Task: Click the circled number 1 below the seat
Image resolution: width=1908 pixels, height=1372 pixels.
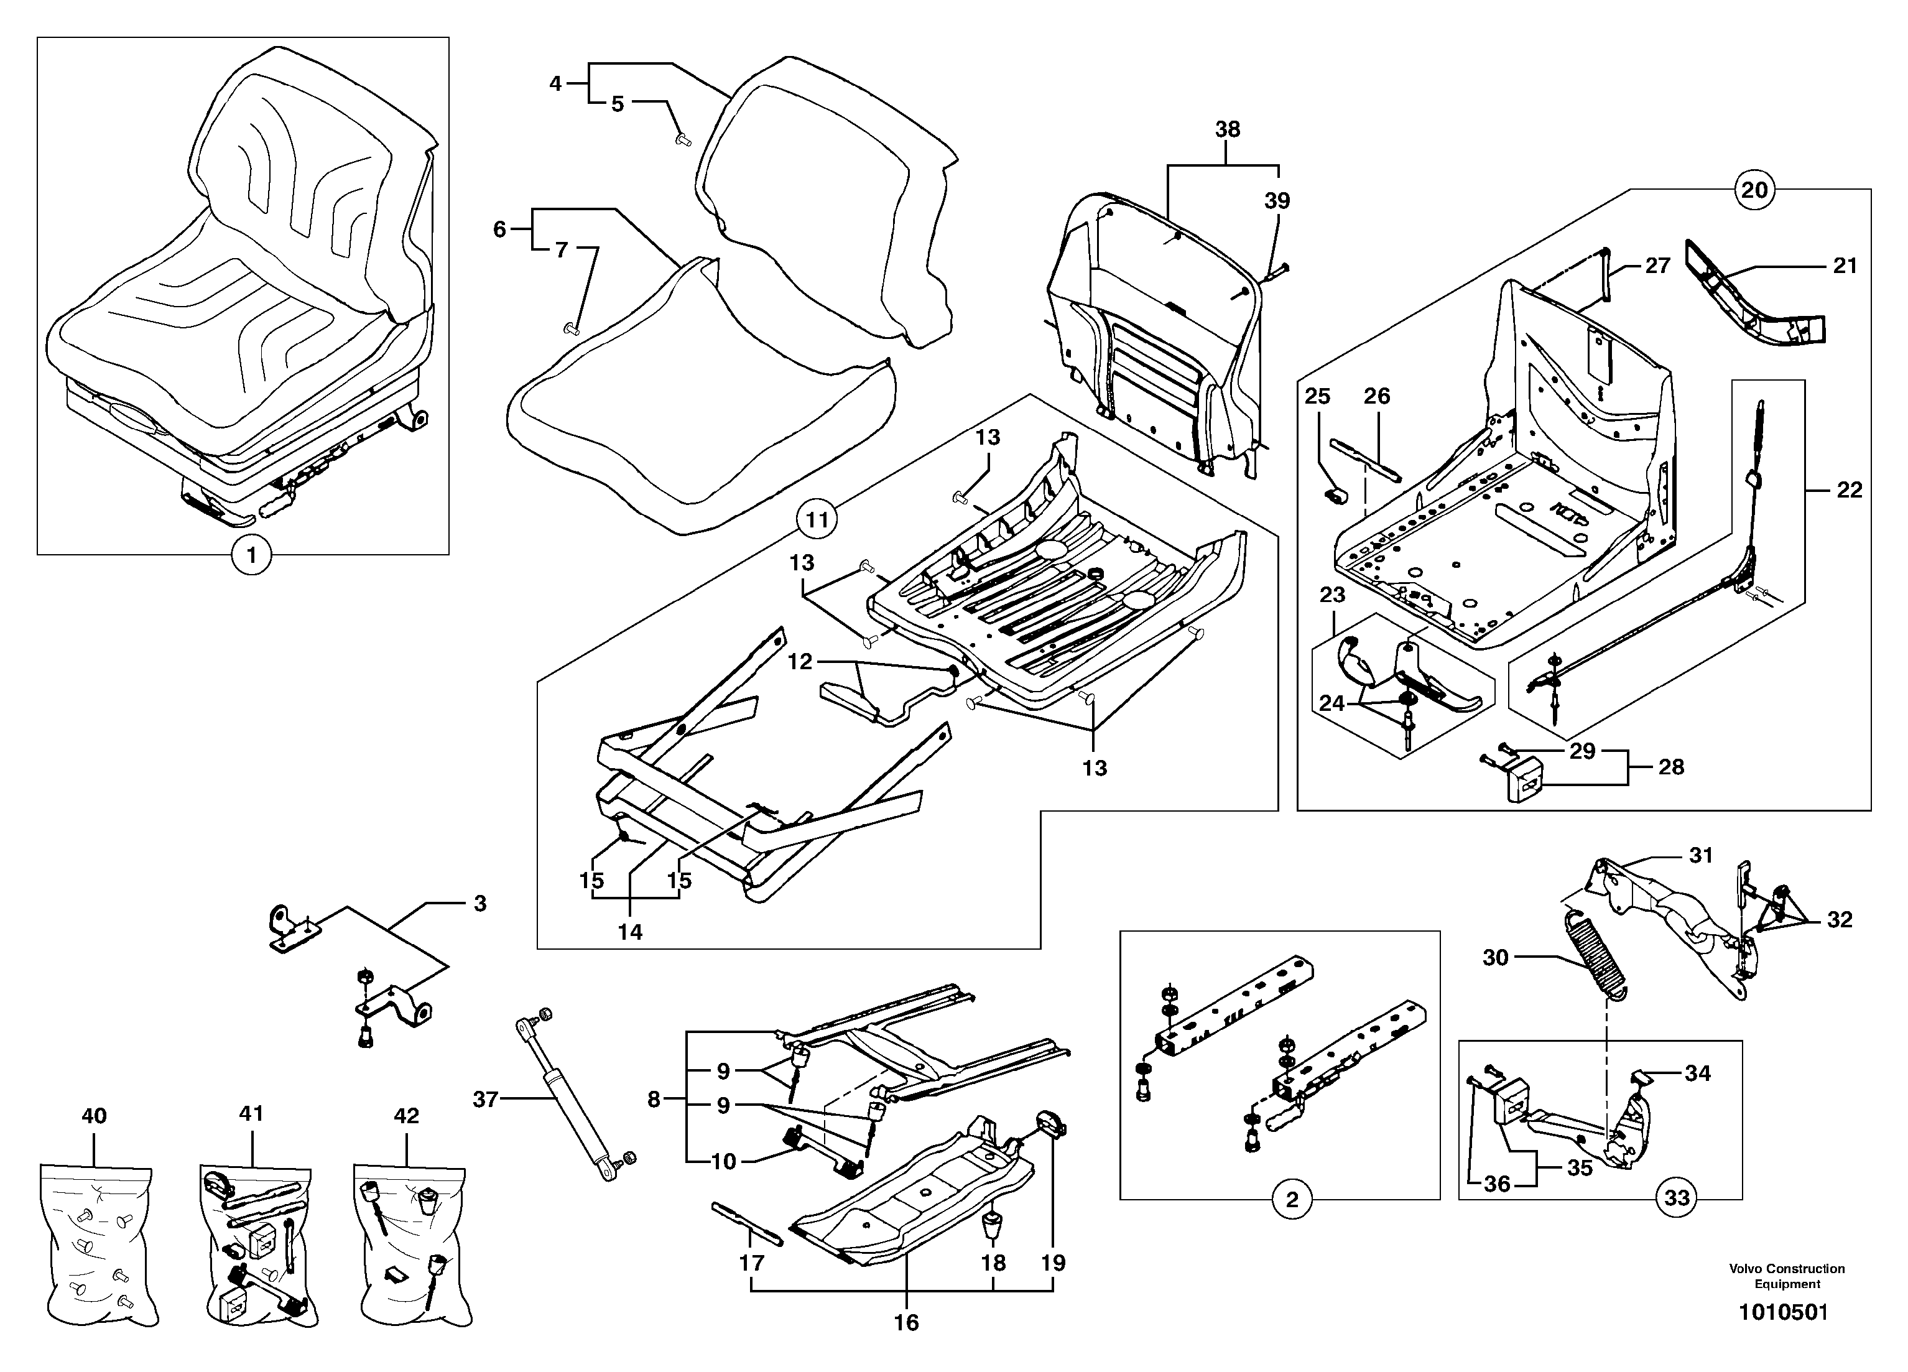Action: click(251, 556)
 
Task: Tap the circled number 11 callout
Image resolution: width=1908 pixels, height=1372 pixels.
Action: click(818, 520)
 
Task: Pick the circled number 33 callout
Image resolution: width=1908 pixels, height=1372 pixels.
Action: click(1677, 1198)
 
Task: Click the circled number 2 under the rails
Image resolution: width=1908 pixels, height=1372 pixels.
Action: click(1292, 1200)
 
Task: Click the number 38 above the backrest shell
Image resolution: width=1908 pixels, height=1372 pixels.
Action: click(1228, 129)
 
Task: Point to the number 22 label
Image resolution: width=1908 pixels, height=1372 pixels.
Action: click(1848, 489)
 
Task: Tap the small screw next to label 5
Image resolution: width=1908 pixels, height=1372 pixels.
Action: click(683, 141)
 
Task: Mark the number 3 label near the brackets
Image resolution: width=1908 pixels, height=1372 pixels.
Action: click(479, 904)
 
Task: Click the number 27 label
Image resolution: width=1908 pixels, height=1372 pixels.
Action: click(1657, 266)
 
